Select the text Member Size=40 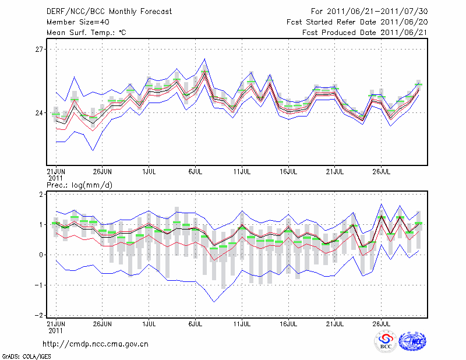tap(75, 22)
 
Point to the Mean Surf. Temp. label tap(86, 33)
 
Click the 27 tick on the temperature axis tap(39, 50)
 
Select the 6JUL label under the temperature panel tap(195, 172)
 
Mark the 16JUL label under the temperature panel tap(288, 172)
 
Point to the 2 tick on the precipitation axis tap(41, 194)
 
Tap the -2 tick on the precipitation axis tap(40, 315)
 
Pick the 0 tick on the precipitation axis tap(41, 255)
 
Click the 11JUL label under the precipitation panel tap(242, 322)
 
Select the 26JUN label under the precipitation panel tap(102, 322)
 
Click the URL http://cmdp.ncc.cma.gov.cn tap(96, 344)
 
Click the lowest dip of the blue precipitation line tap(214, 302)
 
